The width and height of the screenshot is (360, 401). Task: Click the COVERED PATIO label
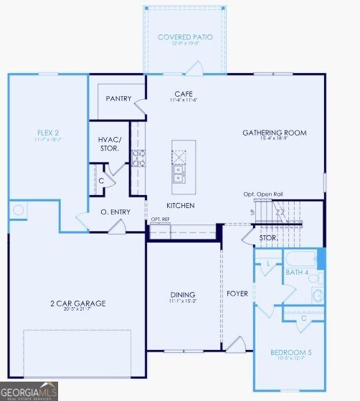pos(185,37)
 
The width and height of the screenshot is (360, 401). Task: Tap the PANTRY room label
pos(119,99)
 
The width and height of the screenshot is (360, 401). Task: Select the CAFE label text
pos(182,94)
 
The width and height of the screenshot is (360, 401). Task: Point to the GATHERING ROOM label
pos(274,133)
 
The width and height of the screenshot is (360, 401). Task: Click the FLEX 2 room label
pos(49,133)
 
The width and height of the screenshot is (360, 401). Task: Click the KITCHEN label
pos(180,205)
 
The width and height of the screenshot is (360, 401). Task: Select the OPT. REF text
pos(161,219)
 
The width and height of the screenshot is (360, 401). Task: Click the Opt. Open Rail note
pos(262,194)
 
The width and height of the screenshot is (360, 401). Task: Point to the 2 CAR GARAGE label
pos(77,303)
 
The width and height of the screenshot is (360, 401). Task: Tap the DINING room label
pos(183,294)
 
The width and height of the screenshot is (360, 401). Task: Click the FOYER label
pos(237,294)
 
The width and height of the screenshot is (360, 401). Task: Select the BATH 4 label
pos(297,273)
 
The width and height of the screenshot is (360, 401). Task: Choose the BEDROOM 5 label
pos(290,352)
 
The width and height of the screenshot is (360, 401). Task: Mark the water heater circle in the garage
pos(19,210)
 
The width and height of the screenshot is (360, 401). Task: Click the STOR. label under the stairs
pos(268,237)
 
